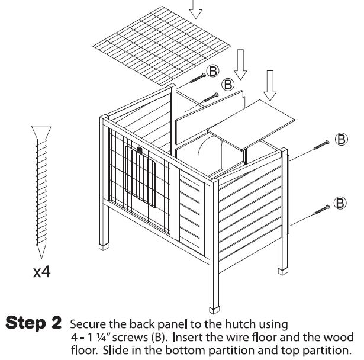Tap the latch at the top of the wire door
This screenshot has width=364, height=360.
140,150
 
